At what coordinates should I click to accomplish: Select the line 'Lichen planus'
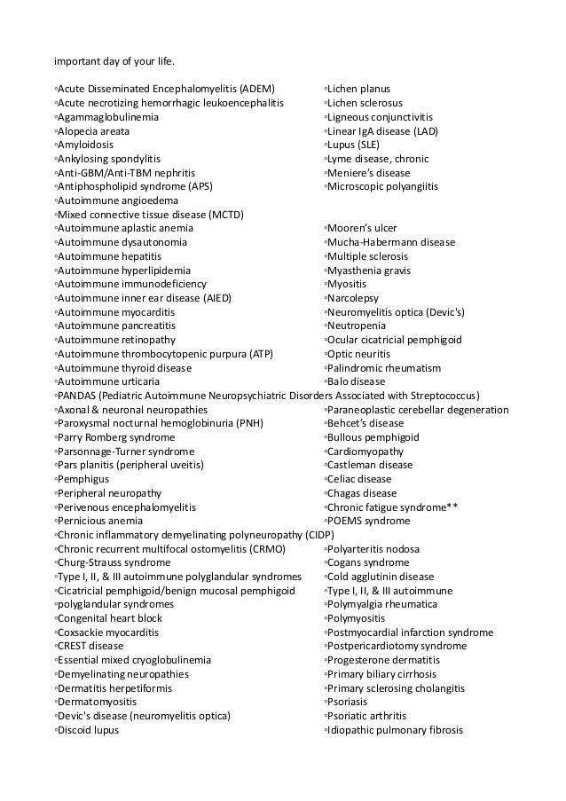(358, 90)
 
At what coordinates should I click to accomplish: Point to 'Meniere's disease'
(369, 173)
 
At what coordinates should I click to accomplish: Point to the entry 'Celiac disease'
(358, 478)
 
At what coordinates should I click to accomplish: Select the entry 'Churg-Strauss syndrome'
(114, 562)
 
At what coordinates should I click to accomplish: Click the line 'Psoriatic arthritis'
(366, 715)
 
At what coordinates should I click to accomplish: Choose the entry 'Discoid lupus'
(89, 729)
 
